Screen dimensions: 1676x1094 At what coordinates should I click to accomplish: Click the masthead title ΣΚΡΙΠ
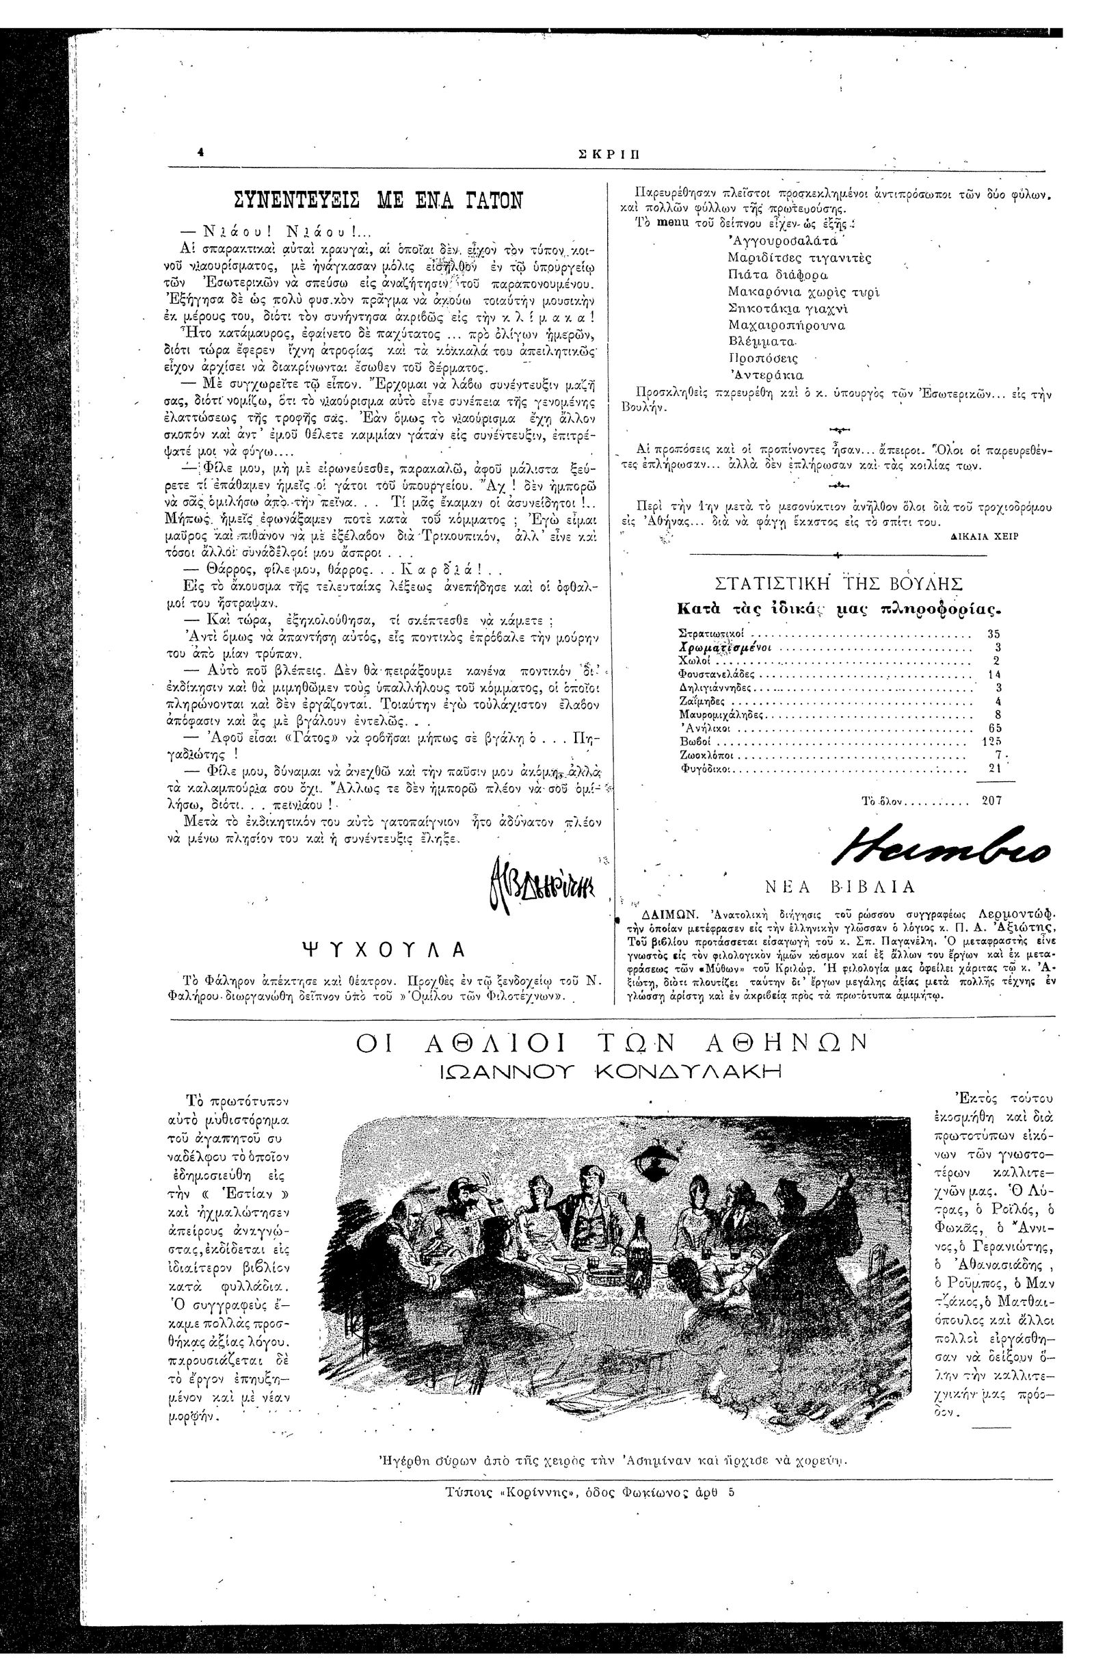click(x=610, y=157)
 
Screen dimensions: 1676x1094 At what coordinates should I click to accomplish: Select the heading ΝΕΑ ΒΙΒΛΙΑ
click(x=839, y=887)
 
